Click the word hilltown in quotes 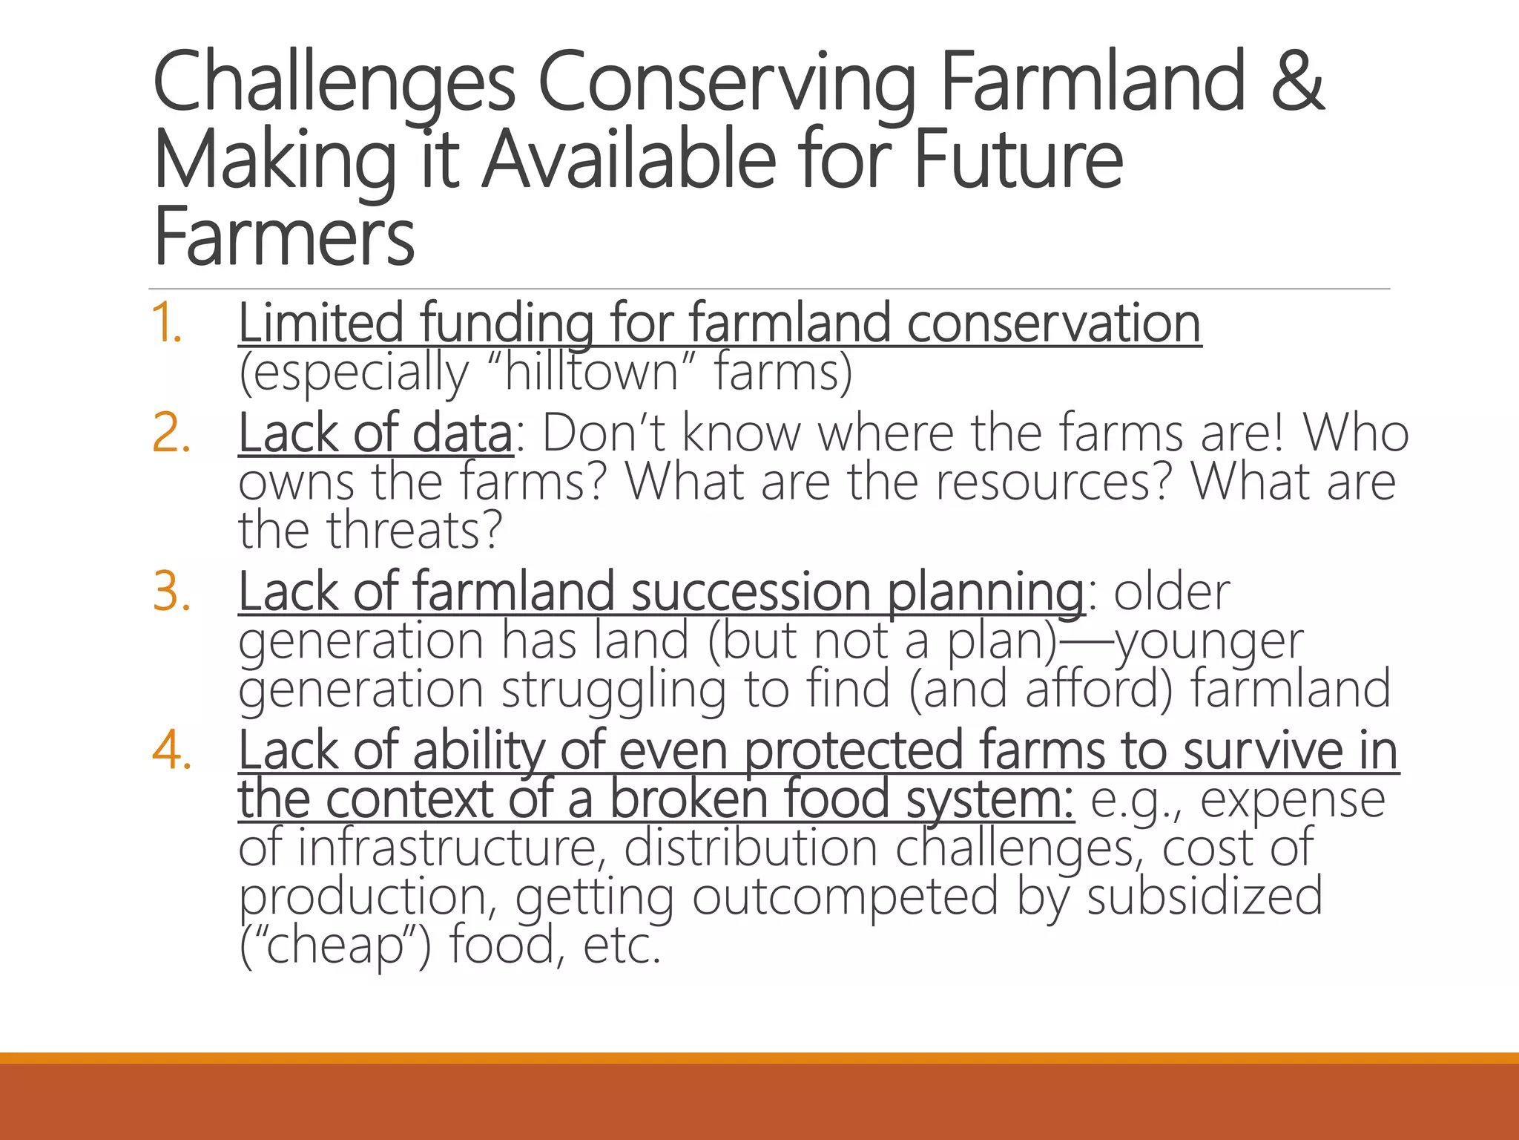tap(591, 371)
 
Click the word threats tap(415, 530)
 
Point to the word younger tap(1209, 641)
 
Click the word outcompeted tap(845, 897)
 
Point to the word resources tap(1054, 482)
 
